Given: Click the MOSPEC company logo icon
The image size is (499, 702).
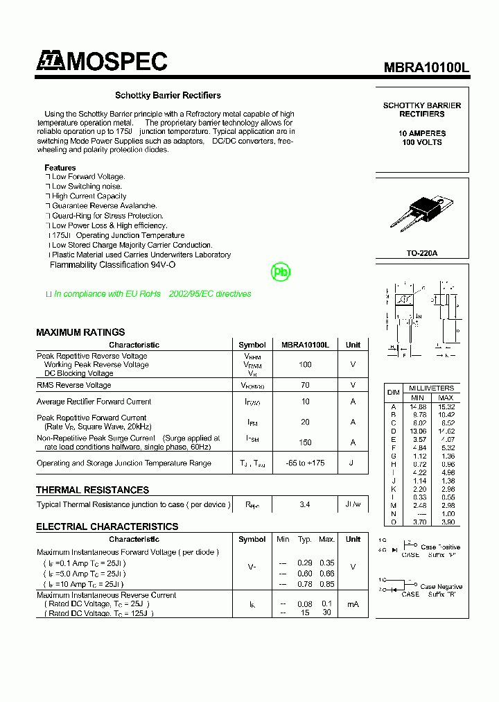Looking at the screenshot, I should [50, 62].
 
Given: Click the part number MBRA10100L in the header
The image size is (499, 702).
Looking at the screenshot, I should [426, 67].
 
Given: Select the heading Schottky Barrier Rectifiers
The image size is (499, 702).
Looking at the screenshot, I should [168, 95].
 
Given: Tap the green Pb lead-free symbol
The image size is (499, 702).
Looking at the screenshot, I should [281, 273].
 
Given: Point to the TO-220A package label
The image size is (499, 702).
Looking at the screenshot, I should [421, 254].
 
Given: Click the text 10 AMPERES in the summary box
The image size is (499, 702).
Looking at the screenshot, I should [422, 132].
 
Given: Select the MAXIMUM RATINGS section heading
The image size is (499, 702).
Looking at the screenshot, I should [80, 332].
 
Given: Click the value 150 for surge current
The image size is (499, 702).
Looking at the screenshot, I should [304, 443].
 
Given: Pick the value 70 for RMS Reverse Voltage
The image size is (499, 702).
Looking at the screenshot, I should [304, 385].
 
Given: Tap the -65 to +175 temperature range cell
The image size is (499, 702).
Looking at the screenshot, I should [304, 463].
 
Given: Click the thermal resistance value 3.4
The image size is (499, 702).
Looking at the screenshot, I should [304, 505].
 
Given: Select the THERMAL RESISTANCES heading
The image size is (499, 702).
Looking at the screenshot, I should [92, 490].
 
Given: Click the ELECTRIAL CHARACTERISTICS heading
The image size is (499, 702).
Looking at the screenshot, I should [107, 526].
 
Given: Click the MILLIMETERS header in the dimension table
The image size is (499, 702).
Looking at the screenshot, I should [431, 388].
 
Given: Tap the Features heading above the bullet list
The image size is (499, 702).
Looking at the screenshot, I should [60, 168].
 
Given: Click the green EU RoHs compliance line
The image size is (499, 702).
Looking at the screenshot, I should [152, 294].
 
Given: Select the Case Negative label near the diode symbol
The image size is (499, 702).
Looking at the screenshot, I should [441, 587].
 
